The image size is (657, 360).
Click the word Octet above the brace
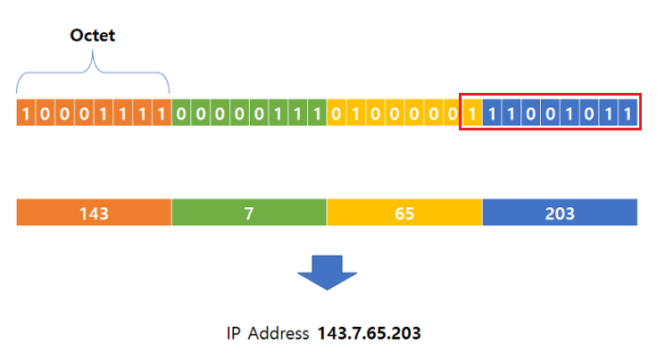[93, 37]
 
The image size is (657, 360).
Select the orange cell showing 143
[94, 213]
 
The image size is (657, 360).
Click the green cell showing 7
[248, 213]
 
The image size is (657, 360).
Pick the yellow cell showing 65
[404, 213]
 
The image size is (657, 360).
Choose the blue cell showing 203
[560, 213]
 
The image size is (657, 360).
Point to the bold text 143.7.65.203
[369, 334]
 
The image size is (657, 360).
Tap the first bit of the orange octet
[26, 113]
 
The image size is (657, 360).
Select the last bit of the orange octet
[162, 113]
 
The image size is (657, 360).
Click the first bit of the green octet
[181, 113]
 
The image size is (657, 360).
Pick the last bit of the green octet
[317, 113]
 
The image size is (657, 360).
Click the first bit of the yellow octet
[337, 113]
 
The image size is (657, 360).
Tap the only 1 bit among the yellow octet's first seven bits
[356, 113]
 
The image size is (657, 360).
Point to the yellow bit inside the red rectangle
[472, 113]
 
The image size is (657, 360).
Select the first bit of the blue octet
[492, 113]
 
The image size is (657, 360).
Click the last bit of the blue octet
[628, 113]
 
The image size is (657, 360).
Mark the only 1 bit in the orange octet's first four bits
[26, 113]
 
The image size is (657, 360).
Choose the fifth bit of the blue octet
[570, 113]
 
